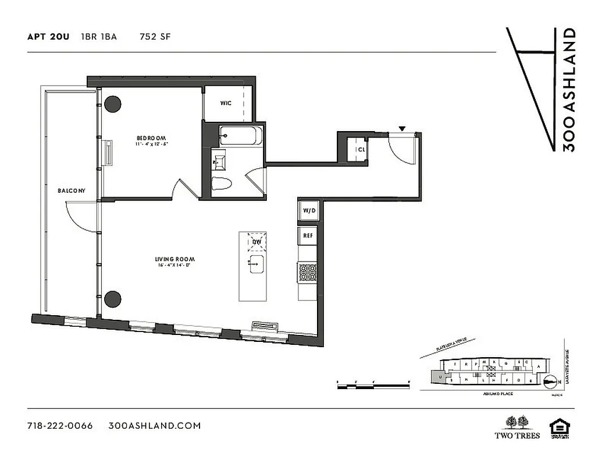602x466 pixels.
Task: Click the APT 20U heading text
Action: tap(48, 37)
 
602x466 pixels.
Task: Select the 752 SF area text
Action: tap(155, 37)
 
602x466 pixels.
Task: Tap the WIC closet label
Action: tap(226, 103)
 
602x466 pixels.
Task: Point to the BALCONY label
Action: tap(72, 190)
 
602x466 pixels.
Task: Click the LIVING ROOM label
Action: tap(174, 259)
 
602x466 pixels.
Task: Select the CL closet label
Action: tap(361, 149)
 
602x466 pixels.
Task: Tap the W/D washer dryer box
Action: tap(308, 211)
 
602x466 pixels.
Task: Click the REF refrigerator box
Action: tap(308, 236)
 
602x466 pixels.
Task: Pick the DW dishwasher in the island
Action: tap(257, 241)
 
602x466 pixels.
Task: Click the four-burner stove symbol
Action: tap(308, 272)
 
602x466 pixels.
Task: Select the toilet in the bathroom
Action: tap(222, 183)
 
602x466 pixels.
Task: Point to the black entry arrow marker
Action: tap(401, 128)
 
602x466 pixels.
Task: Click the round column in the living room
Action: tap(113, 299)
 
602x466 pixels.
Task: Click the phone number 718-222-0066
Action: tap(60, 425)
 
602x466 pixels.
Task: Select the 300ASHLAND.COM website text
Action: tap(155, 425)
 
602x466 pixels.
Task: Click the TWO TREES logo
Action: tap(517, 427)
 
